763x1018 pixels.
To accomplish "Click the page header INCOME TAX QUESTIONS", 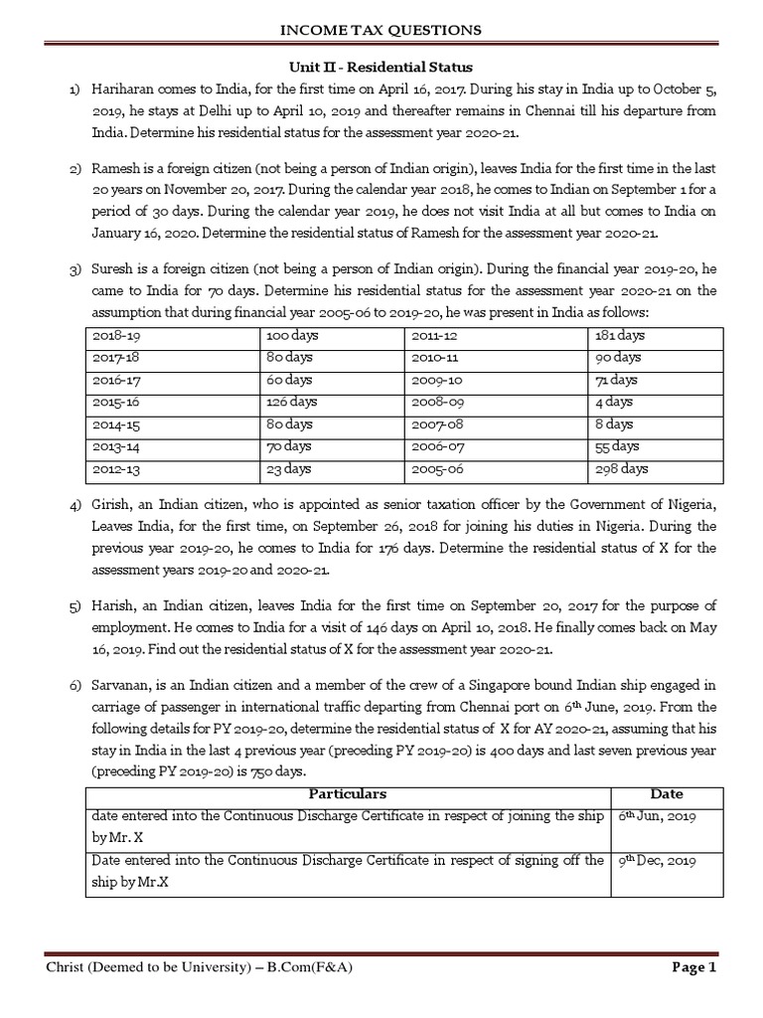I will point(381,31).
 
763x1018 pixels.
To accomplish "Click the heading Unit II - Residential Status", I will point(381,66).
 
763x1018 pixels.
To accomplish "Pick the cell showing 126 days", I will point(291,402).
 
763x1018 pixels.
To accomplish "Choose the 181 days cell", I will point(619,336).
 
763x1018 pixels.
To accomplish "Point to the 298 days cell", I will point(621,468).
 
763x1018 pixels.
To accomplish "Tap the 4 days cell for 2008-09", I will point(613,402).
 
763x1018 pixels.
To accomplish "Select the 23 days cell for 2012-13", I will point(288,468).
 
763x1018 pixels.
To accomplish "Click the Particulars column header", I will point(347,794).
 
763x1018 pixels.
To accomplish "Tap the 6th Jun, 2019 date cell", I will point(656,816).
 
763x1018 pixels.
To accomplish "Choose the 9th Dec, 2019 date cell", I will point(657,861).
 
